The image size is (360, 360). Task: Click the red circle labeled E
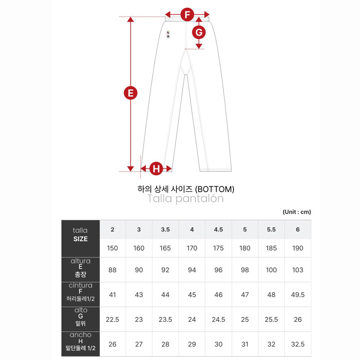pos(130,93)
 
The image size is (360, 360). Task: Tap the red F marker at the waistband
pos(187,14)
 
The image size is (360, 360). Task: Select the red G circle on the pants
pos(199,32)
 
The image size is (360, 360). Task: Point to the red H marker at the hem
pos(156,168)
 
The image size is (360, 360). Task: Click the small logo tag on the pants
pos(168,34)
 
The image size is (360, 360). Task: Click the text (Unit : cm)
pos(297,212)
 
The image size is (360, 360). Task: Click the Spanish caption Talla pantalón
pos(185,199)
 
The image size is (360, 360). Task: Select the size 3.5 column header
pos(165,229)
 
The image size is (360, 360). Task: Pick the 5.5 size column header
pos(271,229)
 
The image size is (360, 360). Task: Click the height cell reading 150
pos(112,248)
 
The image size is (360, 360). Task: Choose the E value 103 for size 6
pos(298,270)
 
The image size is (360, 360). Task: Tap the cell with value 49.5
pos(298,295)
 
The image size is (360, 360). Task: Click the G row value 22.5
pos(112,319)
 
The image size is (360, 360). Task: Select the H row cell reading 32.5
pos(298,344)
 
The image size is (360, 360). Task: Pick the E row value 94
pos(192,270)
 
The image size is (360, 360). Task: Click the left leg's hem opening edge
pos(156,171)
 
